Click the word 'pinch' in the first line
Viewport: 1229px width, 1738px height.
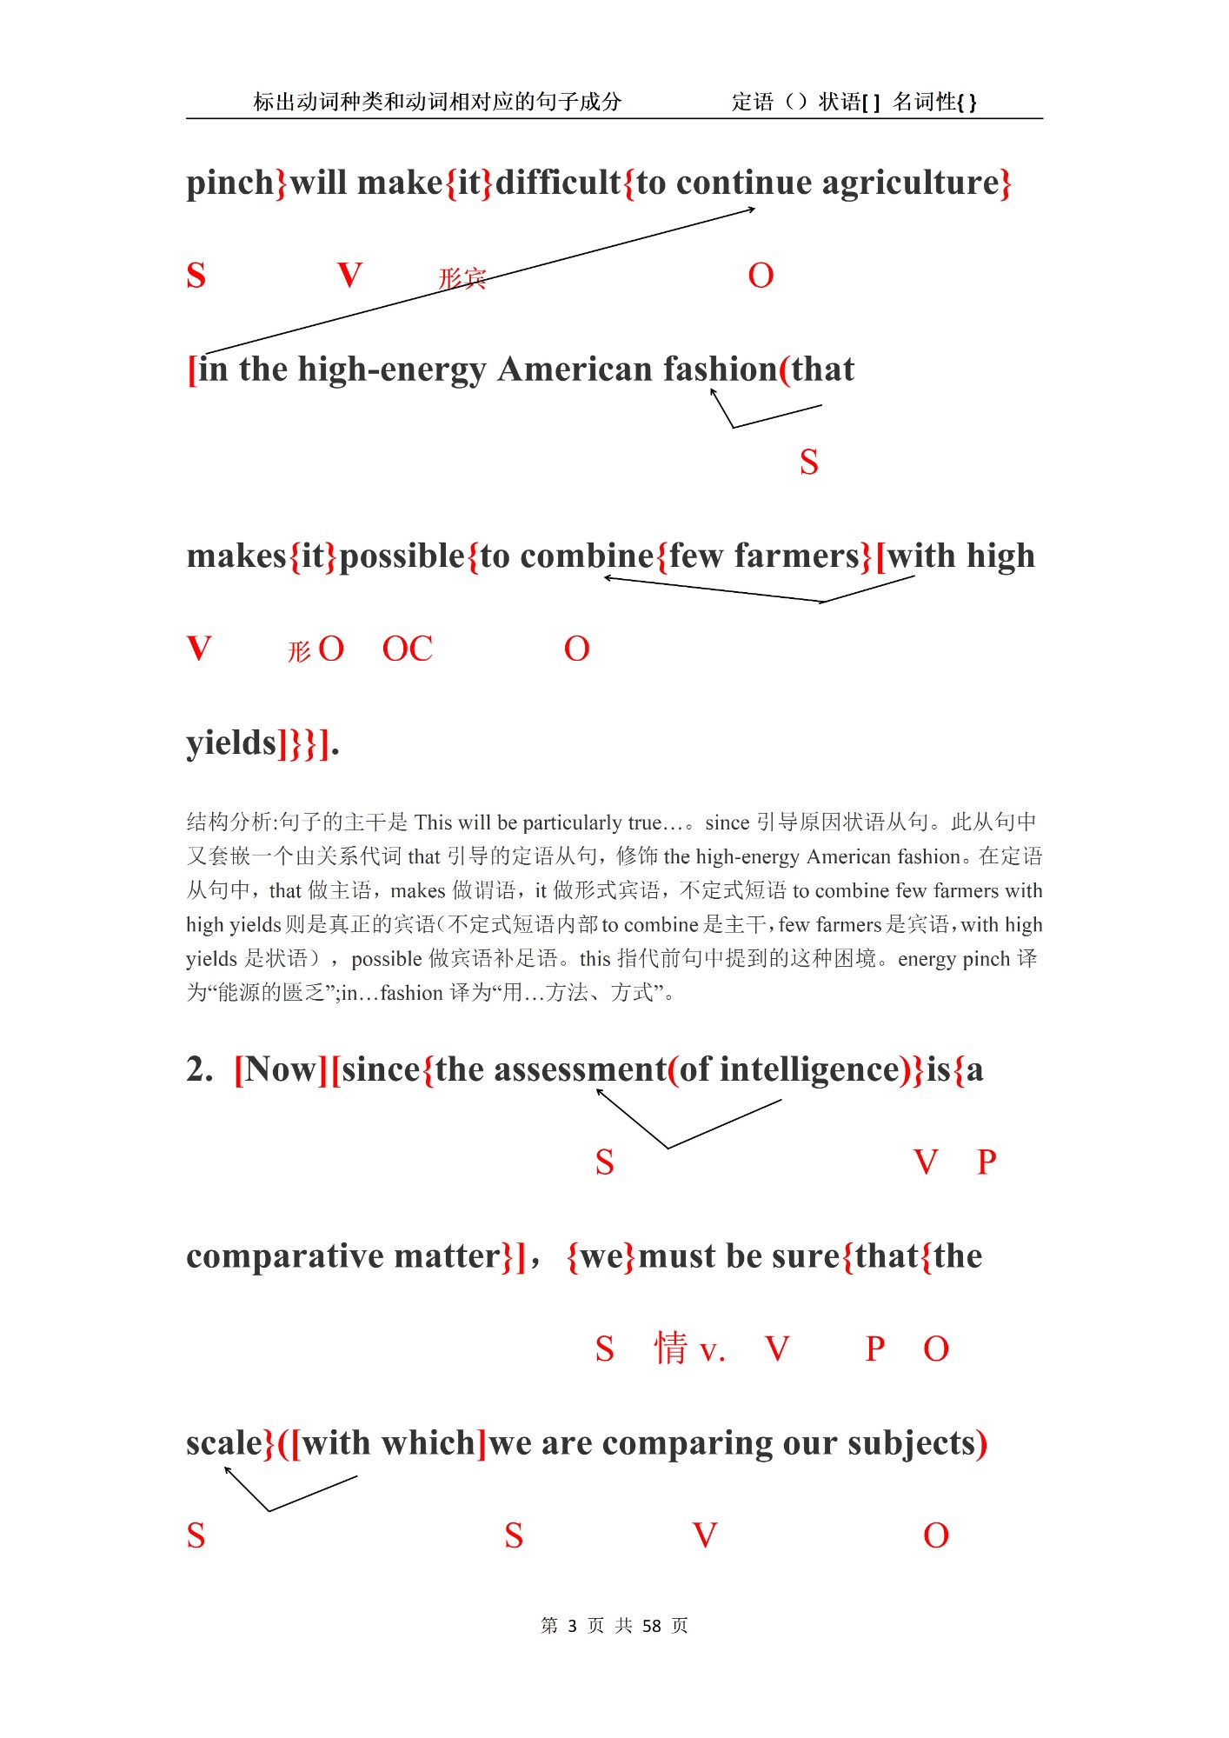point(229,183)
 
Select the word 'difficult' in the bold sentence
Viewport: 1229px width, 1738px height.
point(558,183)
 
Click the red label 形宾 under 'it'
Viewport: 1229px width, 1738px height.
point(462,278)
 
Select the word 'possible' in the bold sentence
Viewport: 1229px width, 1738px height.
point(402,556)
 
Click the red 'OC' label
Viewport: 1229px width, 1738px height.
point(407,649)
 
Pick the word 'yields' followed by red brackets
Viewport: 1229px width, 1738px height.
point(230,743)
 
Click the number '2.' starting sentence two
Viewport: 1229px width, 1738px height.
point(200,1069)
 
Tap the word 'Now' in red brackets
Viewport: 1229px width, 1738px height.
point(280,1069)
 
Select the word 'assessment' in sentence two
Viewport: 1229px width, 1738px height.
point(551,1069)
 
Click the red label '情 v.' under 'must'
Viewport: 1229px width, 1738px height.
point(689,1349)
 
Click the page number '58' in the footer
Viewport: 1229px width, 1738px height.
point(651,1626)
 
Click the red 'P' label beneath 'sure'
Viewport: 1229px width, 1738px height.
point(874,1349)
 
